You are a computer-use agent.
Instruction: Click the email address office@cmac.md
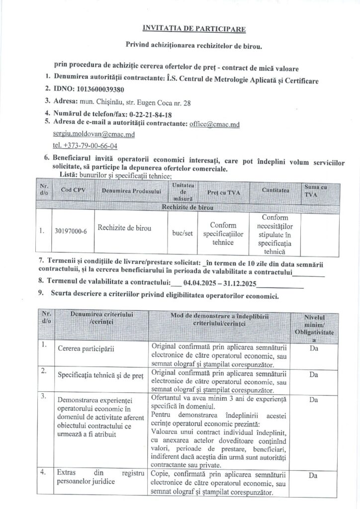(215, 124)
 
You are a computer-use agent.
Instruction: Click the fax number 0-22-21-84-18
(147, 113)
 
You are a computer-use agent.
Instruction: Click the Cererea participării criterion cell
(86, 348)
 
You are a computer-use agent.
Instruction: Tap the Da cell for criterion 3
(313, 399)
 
